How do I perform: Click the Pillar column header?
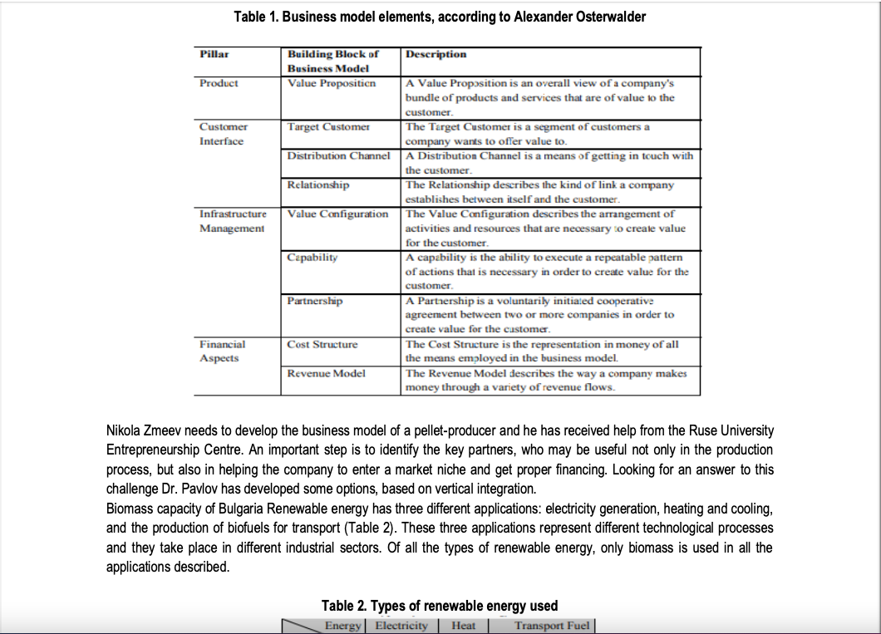[214, 54]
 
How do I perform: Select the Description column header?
[436, 54]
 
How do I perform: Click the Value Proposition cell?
[332, 83]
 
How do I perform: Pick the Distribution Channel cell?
[338, 155]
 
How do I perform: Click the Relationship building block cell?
[318, 184]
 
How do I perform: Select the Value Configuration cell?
[337, 214]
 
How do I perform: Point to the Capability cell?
[313, 258]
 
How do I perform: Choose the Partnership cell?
[315, 301]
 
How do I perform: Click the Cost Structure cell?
[322, 344]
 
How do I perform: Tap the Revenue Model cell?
[326, 373]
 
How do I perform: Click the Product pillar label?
[219, 83]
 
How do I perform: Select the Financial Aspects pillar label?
[223, 351]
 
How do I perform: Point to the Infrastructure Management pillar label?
[233, 220]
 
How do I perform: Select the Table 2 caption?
[440, 606]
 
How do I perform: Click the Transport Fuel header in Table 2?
[552, 626]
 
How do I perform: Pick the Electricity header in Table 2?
[401, 626]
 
